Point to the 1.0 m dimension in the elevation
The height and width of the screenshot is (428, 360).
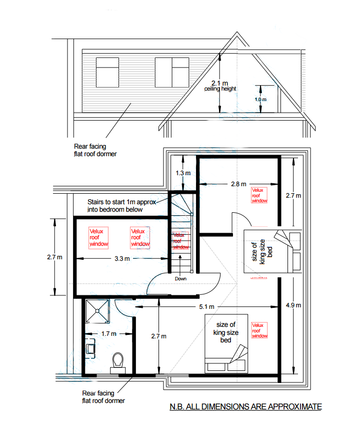coord(260,100)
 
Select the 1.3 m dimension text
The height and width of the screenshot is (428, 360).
coord(183,173)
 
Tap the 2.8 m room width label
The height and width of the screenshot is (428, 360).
coord(238,184)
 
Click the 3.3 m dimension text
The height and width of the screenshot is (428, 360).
coord(121,259)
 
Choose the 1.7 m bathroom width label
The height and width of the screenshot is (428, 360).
coord(108,333)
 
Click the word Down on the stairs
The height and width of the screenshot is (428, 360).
coord(180,278)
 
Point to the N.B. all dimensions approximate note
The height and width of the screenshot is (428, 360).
coord(244,407)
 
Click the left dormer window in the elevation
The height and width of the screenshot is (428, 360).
coord(107,72)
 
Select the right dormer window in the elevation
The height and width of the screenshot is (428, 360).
coord(171,72)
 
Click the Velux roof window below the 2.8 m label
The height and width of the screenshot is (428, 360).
coord(259,195)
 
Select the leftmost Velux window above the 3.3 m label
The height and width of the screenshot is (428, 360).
coord(98,238)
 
